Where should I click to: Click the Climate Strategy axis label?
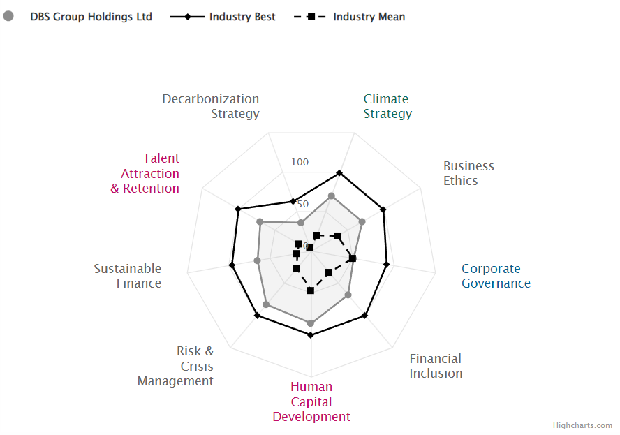(x=387, y=106)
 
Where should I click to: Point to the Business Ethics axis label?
(x=468, y=173)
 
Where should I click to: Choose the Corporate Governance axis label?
(x=496, y=276)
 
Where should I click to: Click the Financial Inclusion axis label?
(x=436, y=366)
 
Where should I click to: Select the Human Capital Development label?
(x=311, y=401)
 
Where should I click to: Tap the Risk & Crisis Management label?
(x=176, y=366)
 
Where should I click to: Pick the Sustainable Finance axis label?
(x=128, y=276)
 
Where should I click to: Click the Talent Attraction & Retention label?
(x=145, y=173)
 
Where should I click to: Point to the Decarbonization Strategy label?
(x=211, y=106)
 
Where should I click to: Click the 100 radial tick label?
(x=300, y=163)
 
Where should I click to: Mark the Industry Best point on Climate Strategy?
(x=339, y=172)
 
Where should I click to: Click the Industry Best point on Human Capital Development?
(x=311, y=335)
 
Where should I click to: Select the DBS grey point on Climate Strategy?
(x=332, y=196)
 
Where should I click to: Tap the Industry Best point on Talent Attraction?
(x=238, y=209)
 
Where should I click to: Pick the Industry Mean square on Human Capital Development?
(x=311, y=290)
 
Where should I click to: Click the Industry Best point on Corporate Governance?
(x=386, y=263)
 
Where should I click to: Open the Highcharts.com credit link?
(x=582, y=425)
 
